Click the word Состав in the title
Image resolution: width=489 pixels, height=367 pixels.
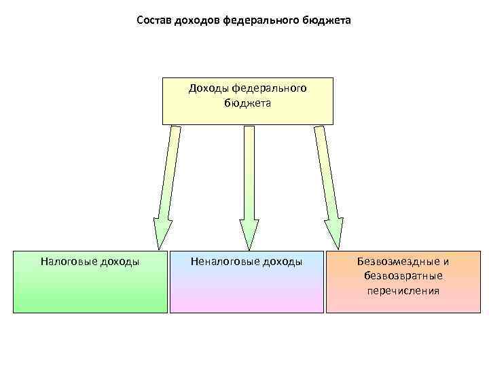pos(153,20)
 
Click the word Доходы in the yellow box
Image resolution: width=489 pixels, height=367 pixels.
pos(209,88)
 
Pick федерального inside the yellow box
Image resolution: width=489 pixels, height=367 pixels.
pos(270,88)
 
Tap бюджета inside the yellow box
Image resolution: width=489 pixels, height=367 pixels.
pos(247,103)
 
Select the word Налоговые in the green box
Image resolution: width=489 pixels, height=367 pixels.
pos(67,261)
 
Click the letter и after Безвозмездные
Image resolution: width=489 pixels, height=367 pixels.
pos(446,261)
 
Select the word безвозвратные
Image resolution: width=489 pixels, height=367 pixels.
pos(403,276)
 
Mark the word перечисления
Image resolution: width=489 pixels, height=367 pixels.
pos(403,291)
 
